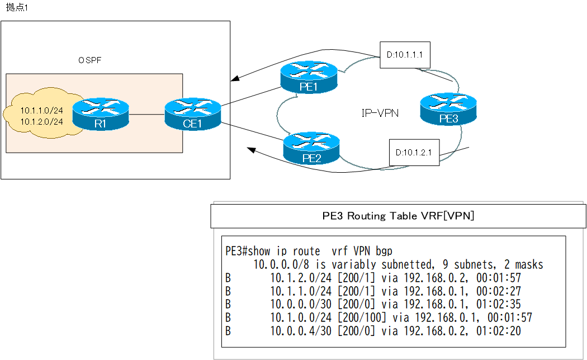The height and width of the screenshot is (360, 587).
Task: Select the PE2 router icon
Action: point(311,147)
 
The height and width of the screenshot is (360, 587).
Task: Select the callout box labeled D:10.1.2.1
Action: point(414,153)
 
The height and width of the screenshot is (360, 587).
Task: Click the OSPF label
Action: point(90,59)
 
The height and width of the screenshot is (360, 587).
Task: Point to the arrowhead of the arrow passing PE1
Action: point(235,79)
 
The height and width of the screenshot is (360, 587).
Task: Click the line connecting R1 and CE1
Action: point(146,116)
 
